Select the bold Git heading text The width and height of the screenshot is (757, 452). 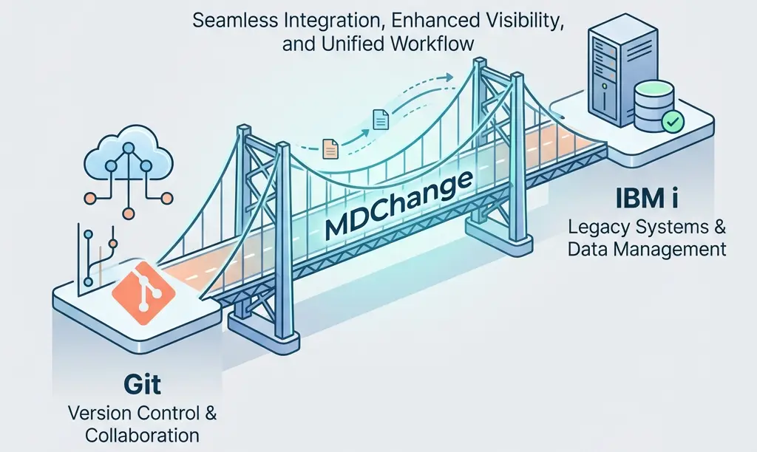point(143,386)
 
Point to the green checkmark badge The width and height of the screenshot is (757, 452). point(673,122)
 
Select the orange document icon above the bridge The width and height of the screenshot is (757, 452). point(330,149)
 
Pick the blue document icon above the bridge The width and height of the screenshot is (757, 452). point(381,117)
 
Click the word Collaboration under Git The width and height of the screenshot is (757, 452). point(142,435)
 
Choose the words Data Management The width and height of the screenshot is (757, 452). point(646,249)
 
